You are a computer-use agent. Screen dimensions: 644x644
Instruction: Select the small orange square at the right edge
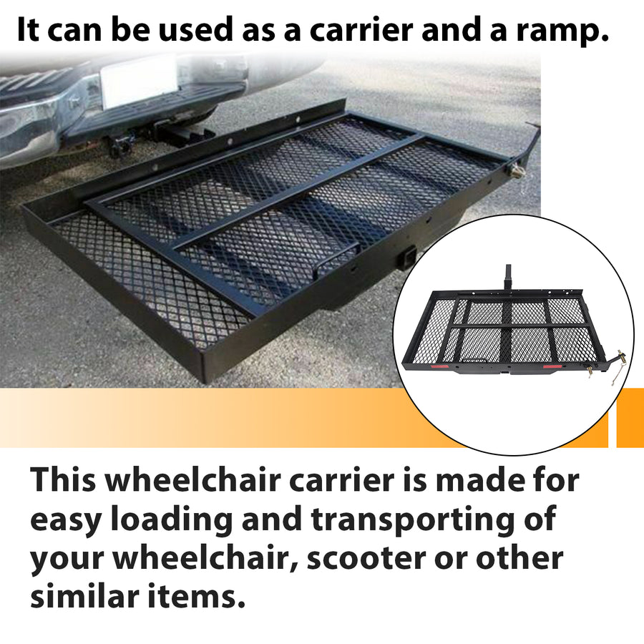tap(630, 418)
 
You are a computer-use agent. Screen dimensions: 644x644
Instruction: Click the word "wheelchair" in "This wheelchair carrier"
tap(192, 481)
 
